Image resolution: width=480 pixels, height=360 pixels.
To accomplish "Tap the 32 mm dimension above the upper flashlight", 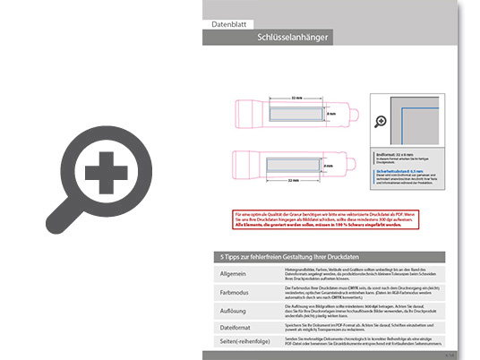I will tap(297, 98).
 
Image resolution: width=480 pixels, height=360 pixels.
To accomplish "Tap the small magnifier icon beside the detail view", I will tap(380, 121).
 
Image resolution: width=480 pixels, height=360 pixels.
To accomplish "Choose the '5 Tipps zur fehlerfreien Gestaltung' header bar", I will tap(331, 258).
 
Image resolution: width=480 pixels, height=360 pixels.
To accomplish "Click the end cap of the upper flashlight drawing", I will tap(356, 115).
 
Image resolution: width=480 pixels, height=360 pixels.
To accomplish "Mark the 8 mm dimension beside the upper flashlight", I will tap(330, 115).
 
